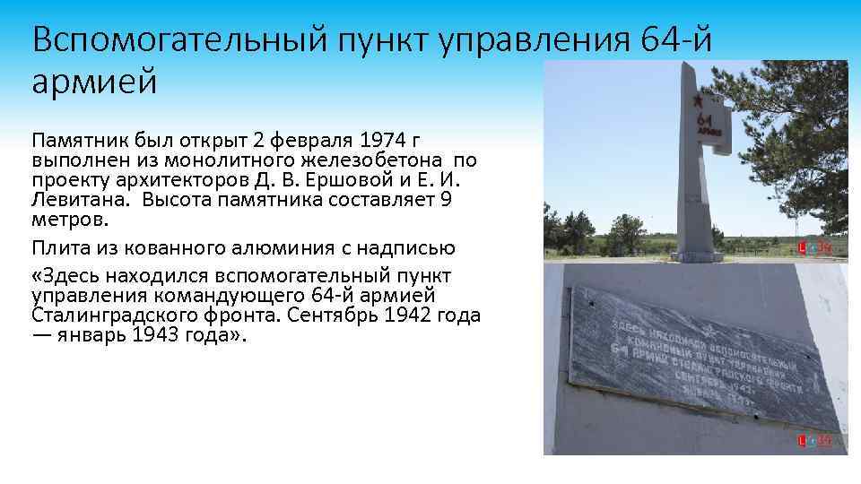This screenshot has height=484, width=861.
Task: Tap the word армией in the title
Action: click(x=94, y=82)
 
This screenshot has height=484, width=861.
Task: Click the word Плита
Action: click(x=57, y=247)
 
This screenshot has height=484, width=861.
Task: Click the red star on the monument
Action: click(x=700, y=100)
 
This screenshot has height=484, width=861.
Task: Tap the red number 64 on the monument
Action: click(x=704, y=121)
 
